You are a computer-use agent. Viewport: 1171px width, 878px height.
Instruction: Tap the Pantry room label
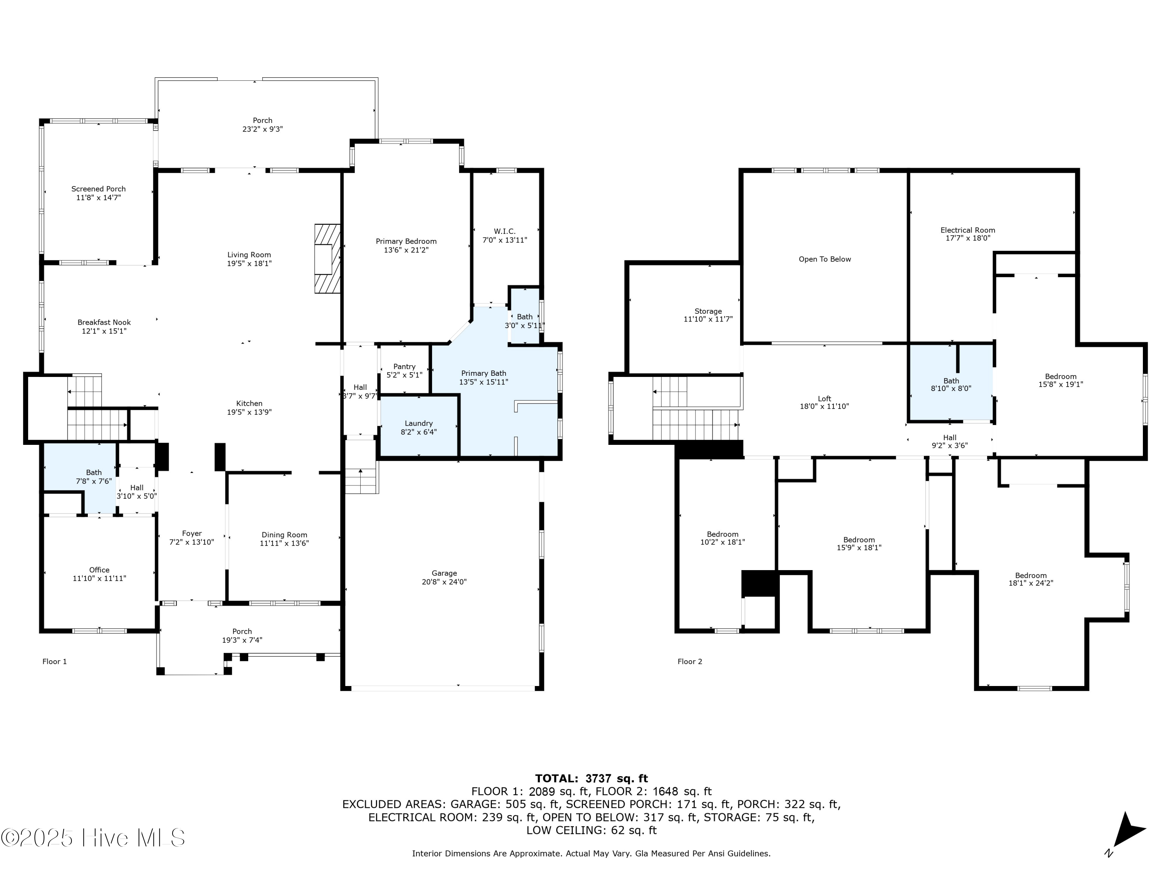pyautogui.click(x=404, y=367)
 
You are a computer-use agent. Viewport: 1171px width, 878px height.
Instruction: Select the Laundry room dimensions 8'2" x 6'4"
pyautogui.click(x=419, y=432)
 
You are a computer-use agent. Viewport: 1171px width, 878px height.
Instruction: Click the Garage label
pyautogui.click(x=444, y=573)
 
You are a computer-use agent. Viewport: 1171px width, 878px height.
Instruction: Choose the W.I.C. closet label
pyautogui.click(x=504, y=231)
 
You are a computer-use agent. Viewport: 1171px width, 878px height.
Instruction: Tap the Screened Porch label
pyautogui.click(x=98, y=189)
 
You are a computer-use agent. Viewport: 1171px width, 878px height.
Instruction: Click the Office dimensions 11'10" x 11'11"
pyautogui.click(x=100, y=578)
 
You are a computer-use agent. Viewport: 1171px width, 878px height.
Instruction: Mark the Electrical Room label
pyautogui.click(x=967, y=230)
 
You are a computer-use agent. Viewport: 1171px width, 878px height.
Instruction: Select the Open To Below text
pyautogui.click(x=824, y=259)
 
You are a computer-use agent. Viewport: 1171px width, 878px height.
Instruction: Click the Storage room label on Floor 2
pyautogui.click(x=708, y=311)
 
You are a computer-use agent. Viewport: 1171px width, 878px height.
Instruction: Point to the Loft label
pyautogui.click(x=824, y=398)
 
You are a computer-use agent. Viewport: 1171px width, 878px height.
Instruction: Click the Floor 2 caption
pyautogui.click(x=690, y=661)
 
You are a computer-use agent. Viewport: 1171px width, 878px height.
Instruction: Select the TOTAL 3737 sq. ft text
pyautogui.click(x=591, y=778)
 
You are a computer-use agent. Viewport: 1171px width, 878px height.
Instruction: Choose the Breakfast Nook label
pyautogui.click(x=104, y=322)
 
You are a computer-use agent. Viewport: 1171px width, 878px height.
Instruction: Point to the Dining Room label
pyautogui.click(x=284, y=535)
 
